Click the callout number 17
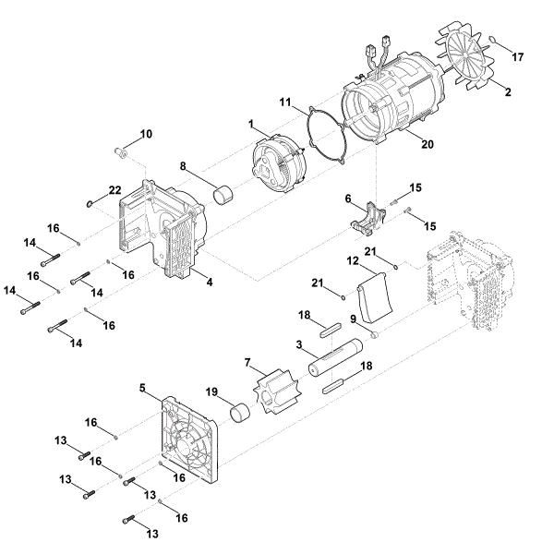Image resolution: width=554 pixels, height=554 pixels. [518, 58]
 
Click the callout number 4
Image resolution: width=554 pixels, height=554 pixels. [210, 282]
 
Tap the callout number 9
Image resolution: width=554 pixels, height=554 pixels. [354, 319]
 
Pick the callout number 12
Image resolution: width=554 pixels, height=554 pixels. [352, 262]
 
